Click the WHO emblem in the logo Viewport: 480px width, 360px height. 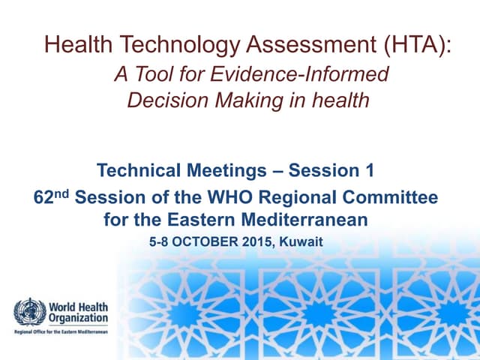(x=30, y=311)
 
